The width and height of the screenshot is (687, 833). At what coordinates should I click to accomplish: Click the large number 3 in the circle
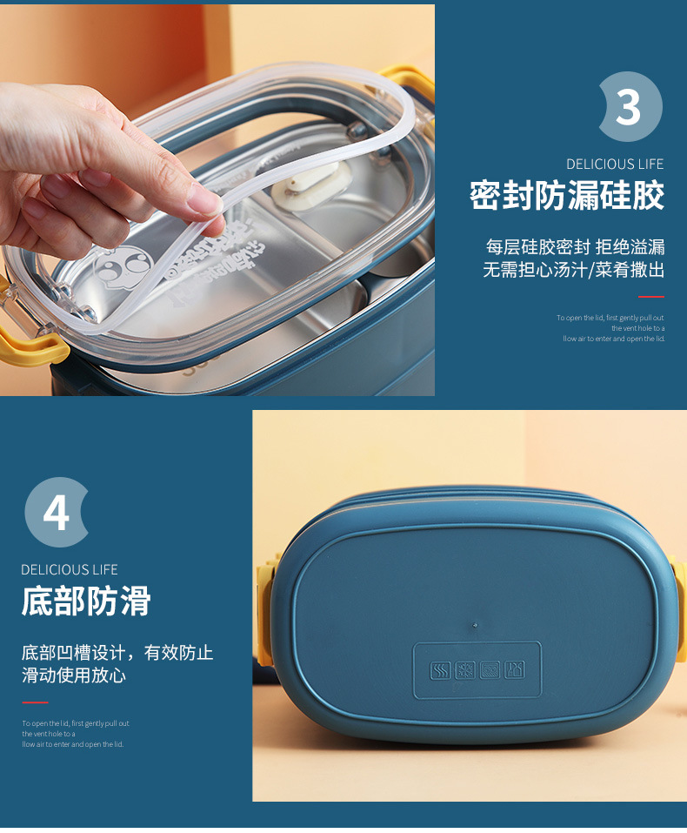[628, 107]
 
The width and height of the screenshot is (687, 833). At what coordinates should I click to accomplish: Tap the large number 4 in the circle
[56, 513]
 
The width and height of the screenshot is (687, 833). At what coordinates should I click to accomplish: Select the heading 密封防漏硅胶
[567, 196]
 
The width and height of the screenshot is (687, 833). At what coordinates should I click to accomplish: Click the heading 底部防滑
[86, 601]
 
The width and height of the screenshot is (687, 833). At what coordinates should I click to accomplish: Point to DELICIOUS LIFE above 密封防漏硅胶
[614, 164]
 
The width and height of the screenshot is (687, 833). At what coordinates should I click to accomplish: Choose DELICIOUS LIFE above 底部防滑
[70, 569]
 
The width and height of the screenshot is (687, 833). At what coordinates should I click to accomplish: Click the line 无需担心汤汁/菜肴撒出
[573, 270]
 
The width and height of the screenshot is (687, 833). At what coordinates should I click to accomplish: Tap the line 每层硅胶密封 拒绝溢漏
[575, 246]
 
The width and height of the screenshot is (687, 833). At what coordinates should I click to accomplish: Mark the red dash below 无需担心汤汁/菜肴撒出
[650, 297]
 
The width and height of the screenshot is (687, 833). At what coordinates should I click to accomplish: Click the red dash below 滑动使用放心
[35, 702]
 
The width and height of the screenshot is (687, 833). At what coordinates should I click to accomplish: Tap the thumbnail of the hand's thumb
[205, 203]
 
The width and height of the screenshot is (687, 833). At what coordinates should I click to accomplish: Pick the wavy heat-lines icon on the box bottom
[440, 671]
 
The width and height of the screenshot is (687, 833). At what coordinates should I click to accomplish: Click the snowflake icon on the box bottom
[465, 671]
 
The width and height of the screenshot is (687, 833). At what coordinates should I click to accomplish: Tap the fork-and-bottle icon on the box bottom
[515, 671]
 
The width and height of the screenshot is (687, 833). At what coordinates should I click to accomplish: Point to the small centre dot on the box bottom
[473, 623]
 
